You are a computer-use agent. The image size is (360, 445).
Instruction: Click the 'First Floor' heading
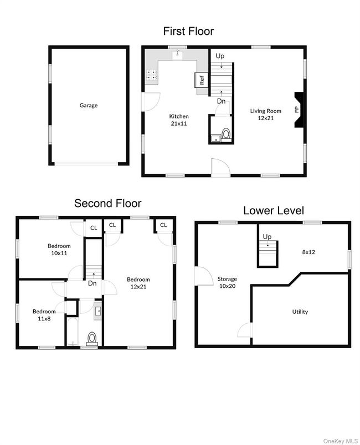click(x=188, y=31)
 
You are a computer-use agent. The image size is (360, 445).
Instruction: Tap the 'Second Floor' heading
click(x=107, y=203)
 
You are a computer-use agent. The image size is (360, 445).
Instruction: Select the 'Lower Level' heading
click(x=273, y=210)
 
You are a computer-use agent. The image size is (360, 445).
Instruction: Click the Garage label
click(x=88, y=105)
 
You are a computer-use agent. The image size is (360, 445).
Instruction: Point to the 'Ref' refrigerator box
click(x=202, y=80)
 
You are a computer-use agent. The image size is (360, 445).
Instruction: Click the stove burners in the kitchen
click(x=151, y=77)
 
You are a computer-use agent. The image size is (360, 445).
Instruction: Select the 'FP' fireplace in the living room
click(x=297, y=110)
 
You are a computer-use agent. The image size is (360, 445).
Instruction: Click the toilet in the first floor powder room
click(x=225, y=134)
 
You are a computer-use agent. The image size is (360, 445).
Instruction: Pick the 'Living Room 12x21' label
click(x=265, y=114)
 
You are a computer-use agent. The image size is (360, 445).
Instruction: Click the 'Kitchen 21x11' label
click(x=179, y=120)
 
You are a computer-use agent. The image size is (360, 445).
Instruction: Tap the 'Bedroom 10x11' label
click(x=59, y=249)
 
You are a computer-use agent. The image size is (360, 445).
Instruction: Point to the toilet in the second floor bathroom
click(x=92, y=338)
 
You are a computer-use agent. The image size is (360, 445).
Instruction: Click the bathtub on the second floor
click(x=73, y=331)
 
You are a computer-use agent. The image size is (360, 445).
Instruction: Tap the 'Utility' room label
click(x=300, y=312)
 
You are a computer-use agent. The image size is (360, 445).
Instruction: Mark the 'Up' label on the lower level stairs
click(x=267, y=237)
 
